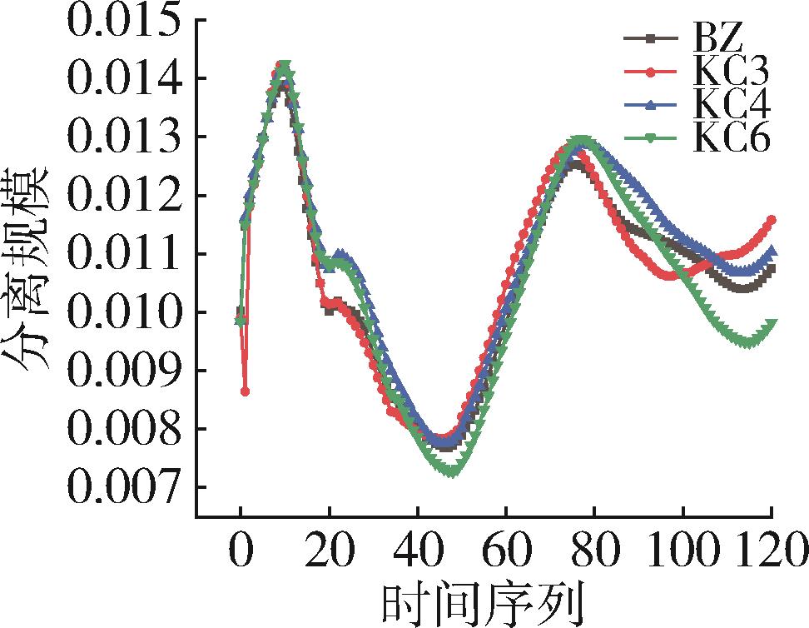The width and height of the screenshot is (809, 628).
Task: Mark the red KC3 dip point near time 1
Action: (x=245, y=391)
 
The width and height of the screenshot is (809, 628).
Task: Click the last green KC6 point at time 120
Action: (x=772, y=323)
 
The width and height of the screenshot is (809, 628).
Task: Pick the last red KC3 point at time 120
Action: (x=772, y=220)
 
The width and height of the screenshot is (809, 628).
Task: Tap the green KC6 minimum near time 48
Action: (x=452, y=473)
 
